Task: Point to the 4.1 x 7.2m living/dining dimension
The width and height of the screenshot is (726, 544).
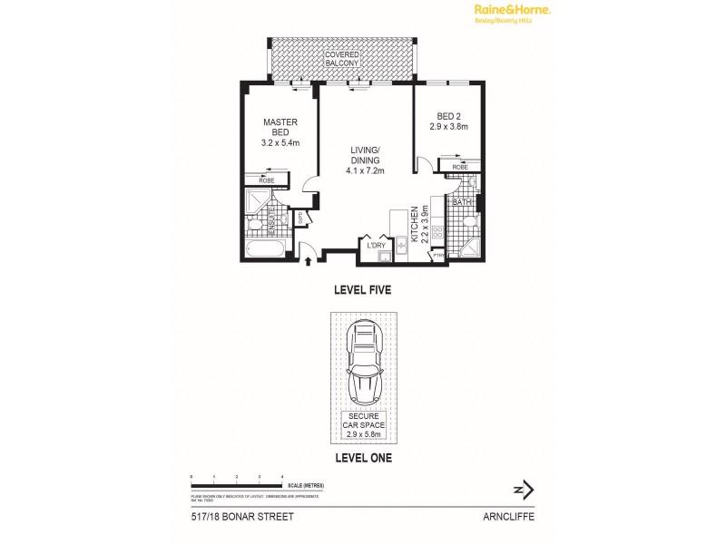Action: pos(365,170)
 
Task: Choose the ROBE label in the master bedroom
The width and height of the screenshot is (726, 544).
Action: pos(267,180)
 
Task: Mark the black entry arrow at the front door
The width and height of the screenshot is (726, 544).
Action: pos(309,261)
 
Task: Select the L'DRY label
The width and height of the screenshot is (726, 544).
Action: pos(376,245)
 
